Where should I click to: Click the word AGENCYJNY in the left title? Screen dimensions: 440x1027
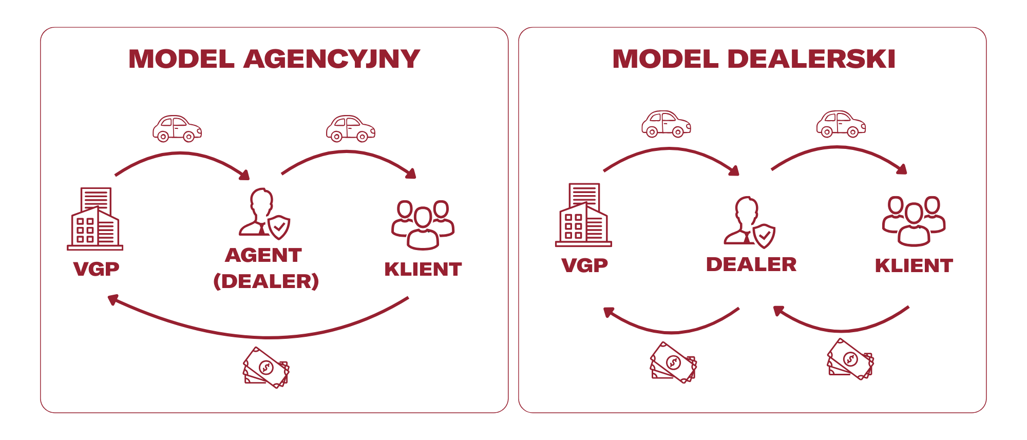[332, 59]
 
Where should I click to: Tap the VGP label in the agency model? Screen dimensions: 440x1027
[96, 269]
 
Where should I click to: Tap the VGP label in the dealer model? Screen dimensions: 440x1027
[584, 265]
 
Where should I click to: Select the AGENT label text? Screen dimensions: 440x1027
[263, 255]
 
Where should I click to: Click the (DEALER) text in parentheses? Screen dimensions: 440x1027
[266, 281]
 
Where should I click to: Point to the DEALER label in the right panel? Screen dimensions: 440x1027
[751, 264]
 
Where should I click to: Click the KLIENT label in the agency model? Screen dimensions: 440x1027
[423, 269]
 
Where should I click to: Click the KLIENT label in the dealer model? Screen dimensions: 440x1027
[914, 265]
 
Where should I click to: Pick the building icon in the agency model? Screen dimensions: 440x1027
[96, 219]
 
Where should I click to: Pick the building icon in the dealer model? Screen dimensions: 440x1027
[584, 215]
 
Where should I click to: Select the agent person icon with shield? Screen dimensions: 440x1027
[263, 214]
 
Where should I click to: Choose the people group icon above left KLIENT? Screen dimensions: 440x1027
[423, 225]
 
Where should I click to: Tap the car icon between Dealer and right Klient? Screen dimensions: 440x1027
[841, 124]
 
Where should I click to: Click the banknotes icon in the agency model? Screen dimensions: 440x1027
[266, 368]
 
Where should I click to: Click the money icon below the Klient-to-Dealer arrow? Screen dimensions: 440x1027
[850, 359]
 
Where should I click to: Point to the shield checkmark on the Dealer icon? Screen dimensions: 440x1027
[764, 236]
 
